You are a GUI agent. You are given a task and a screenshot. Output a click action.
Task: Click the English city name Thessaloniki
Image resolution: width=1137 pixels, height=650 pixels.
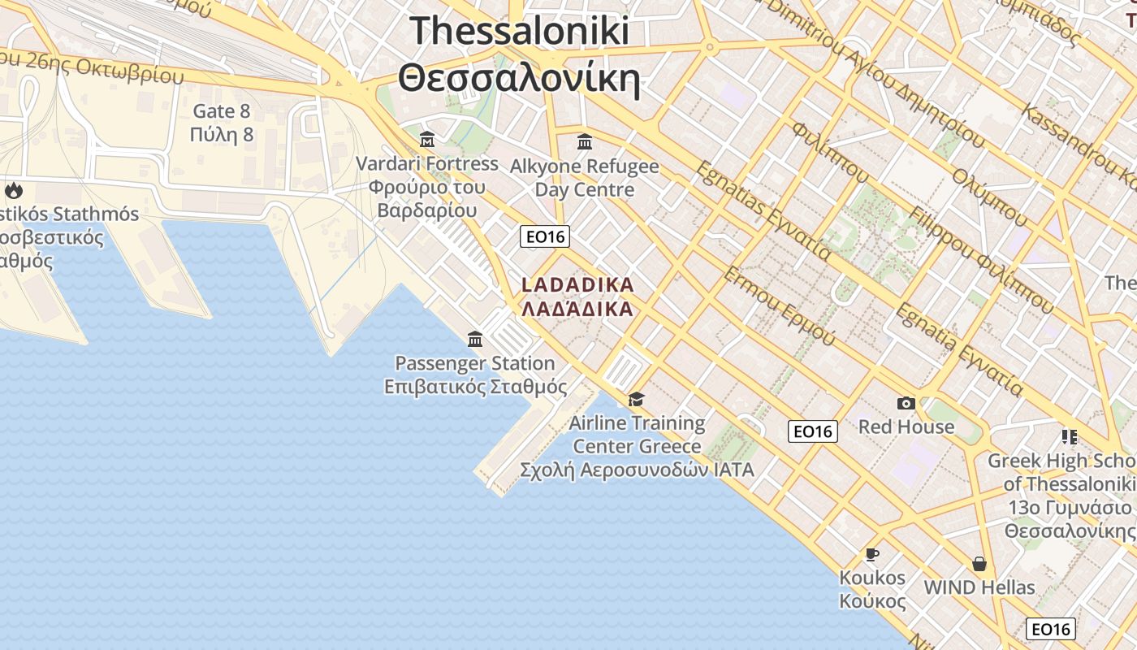pos(520,31)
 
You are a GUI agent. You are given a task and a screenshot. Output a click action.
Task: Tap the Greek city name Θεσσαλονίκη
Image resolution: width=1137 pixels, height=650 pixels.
pos(520,79)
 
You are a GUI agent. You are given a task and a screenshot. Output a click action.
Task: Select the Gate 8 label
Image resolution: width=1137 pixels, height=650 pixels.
pos(222,111)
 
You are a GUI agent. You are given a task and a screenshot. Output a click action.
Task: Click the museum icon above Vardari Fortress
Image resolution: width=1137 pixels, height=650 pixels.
pos(427,139)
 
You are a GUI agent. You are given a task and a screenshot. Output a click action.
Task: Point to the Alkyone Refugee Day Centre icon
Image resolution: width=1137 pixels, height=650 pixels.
pos(585,142)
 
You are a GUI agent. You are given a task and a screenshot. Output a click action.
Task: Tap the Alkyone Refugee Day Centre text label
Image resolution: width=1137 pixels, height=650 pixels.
pos(585,178)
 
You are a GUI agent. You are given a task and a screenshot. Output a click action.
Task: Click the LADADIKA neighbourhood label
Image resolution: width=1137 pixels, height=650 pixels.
pos(577,285)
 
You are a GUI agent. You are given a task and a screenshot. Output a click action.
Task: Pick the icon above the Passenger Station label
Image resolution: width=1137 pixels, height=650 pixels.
pos(475,338)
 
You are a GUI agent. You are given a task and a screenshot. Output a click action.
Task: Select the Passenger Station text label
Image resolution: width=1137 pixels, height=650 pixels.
pos(475,363)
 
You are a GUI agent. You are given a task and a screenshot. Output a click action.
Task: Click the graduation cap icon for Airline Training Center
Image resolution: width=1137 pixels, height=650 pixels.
pos(636,399)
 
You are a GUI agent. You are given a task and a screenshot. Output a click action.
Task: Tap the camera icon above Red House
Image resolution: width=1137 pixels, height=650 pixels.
pos(906,403)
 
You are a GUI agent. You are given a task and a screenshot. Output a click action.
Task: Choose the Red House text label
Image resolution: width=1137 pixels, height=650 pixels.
pos(906,427)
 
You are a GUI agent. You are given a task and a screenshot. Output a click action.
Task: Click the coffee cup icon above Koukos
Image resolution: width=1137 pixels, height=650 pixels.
pos(872,554)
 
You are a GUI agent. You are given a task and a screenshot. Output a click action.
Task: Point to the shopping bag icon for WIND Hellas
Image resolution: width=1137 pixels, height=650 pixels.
pos(979,563)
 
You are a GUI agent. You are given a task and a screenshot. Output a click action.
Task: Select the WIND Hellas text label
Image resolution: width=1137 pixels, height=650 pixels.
pos(979,587)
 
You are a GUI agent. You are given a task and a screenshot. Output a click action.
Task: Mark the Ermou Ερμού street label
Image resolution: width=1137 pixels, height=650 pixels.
pos(778,305)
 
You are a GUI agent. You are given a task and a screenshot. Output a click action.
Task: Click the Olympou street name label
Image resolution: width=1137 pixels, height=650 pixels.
pos(989,197)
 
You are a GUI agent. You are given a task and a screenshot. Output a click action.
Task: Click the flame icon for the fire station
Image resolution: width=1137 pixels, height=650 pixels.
pos(14,191)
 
